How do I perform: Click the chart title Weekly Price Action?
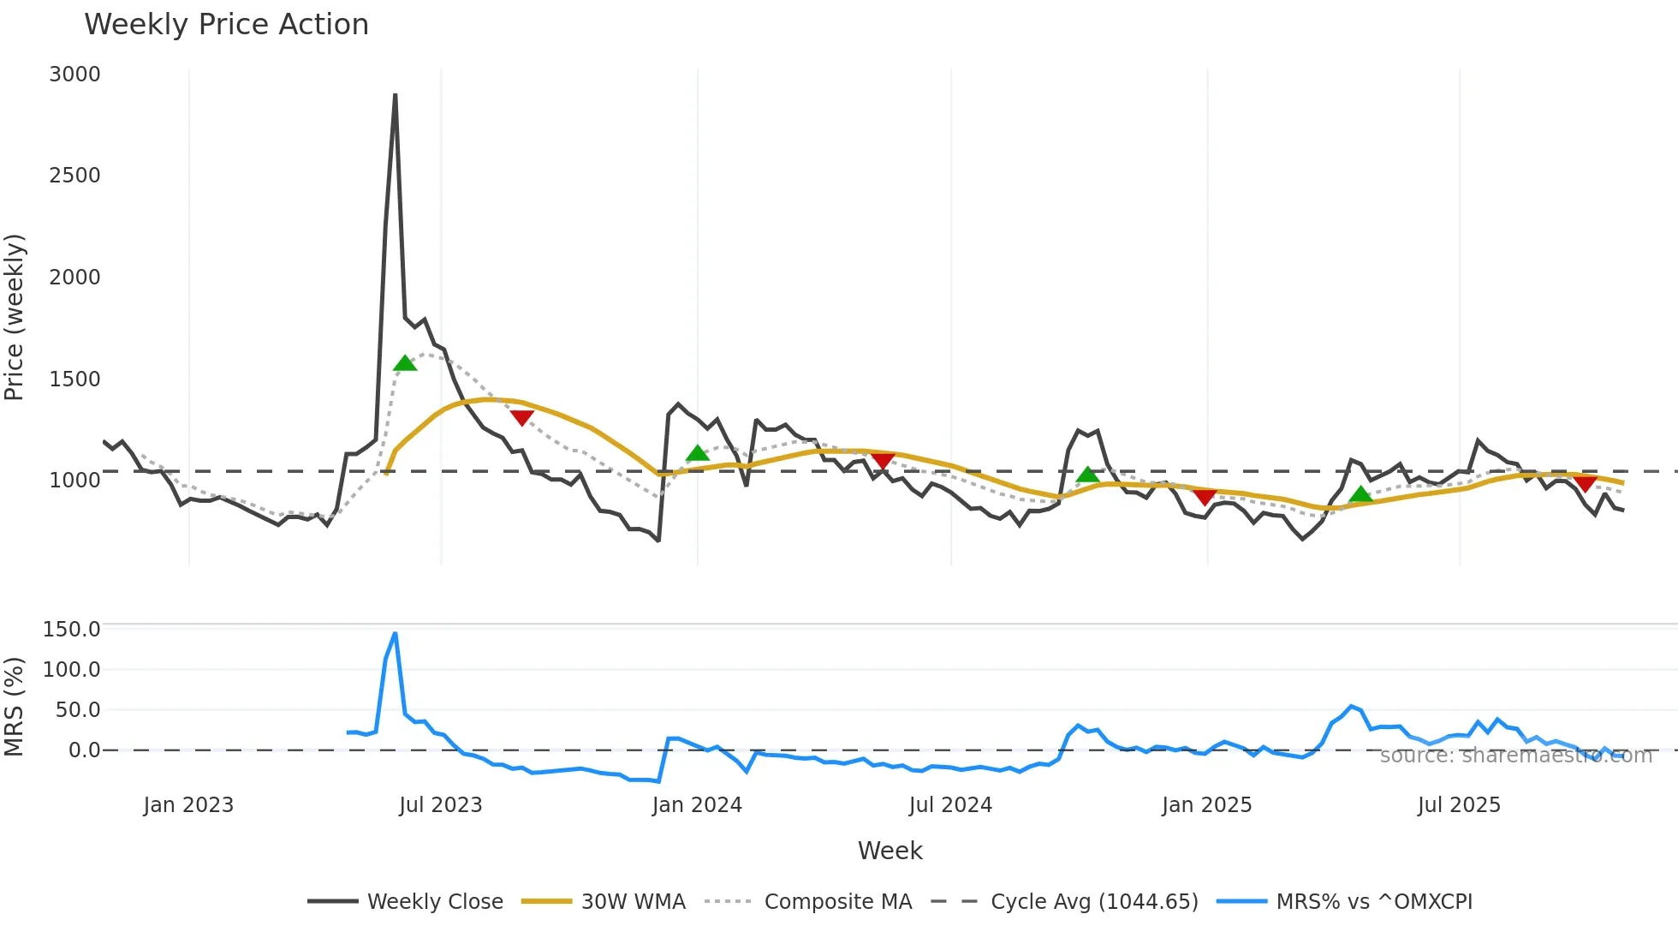click(226, 25)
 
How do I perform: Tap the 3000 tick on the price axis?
click(74, 75)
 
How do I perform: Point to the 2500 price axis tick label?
click(74, 176)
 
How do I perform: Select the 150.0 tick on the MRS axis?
click(72, 630)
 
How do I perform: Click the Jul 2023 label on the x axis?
click(441, 805)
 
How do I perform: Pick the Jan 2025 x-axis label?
click(1206, 805)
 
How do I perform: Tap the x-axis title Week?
click(890, 851)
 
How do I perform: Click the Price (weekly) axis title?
click(15, 317)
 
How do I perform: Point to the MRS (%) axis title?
click(15, 707)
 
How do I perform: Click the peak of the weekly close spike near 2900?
click(395, 95)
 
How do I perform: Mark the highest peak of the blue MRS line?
click(395, 634)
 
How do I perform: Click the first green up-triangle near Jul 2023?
click(405, 363)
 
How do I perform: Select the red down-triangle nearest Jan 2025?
click(1205, 497)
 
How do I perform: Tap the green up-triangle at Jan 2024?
click(698, 453)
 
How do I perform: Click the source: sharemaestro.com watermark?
click(1515, 756)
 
